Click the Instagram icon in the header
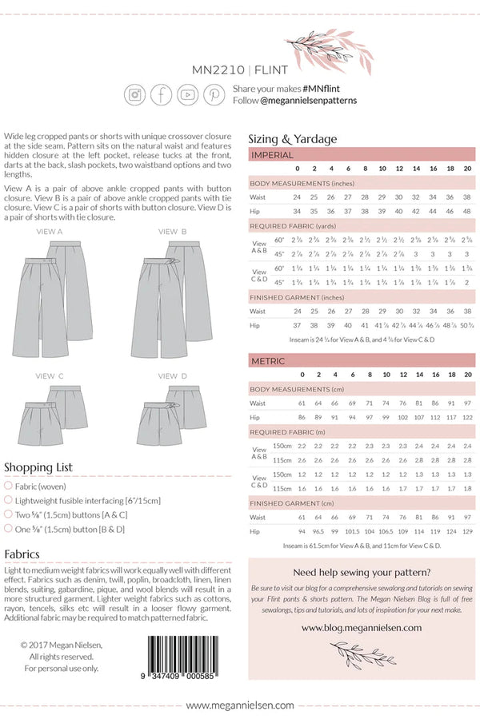point(135,94)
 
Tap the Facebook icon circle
point(162,94)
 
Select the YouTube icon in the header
point(188,94)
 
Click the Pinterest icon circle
point(214,94)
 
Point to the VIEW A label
point(50,231)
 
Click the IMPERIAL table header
point(272,155)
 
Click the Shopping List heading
point(38,467)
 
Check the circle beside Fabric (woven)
point(8,486)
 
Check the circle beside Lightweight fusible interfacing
point(8,500)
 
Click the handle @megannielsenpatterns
point(308,101)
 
